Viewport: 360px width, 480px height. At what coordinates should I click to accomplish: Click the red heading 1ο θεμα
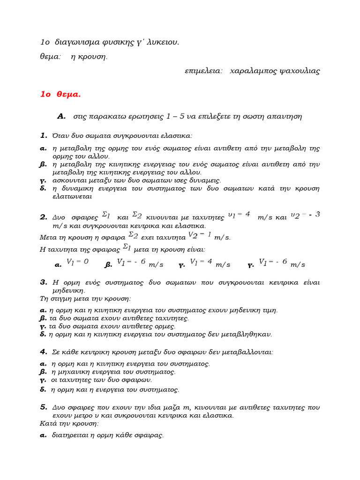(x=60, y=94)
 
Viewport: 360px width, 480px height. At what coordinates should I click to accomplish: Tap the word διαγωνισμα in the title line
(x=78, y=42)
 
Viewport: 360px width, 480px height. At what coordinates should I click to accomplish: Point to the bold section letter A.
(x=60, y=116)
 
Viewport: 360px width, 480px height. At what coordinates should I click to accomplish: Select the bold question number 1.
(x=44, y=135)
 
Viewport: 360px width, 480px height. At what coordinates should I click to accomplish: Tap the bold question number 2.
(x=44, y=217)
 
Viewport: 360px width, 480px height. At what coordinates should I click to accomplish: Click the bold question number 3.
(x=44, y=282)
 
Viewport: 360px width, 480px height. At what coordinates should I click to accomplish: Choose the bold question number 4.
(x=44, y=351)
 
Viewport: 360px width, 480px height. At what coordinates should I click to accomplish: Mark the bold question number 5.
(x=44, y=407)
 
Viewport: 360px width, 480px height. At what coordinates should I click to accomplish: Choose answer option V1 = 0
(x=77, y=262)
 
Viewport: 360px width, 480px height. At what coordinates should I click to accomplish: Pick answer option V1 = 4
(x=201, y=262)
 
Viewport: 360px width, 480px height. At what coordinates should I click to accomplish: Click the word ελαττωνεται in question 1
(x=73, y=196)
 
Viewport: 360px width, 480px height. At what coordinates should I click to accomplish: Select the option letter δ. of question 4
(x=43, y=389)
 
